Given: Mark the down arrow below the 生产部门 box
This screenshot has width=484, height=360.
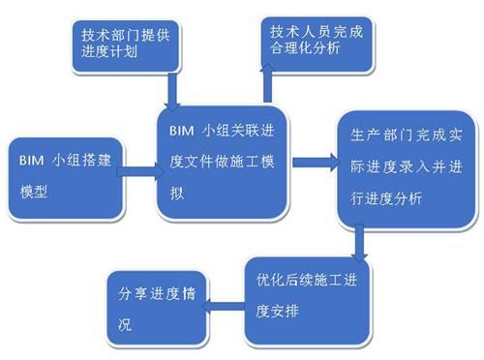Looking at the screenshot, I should pyautogui.click(x=360, y=241).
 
